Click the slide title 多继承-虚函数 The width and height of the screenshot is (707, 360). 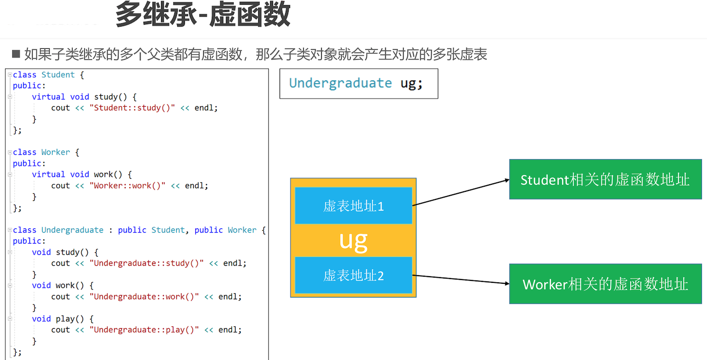(203, 15)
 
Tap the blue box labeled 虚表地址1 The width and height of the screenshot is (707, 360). (353, 206)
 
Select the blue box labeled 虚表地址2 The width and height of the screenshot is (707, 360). (353, 275)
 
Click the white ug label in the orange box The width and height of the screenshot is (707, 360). (353, 241)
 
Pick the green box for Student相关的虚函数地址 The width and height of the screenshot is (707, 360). (605, 180)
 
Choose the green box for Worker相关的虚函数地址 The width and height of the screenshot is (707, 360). (605, 284)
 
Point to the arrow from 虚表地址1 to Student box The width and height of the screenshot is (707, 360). (461, 193)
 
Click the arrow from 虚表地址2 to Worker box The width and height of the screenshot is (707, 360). (461, 279)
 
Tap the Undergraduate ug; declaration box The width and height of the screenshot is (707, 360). (359, 83)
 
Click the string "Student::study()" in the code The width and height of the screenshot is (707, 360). (132, 108)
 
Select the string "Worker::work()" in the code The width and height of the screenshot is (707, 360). (127, 185)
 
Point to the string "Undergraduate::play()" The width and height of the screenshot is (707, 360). (144, 330)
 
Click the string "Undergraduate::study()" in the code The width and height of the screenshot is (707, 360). (146, 263)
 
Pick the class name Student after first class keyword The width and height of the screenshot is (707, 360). (58, 75)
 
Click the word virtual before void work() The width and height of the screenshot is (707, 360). (48, 174)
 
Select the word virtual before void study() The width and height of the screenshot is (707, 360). (48, 97)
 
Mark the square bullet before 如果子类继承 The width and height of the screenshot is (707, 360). (16, 54)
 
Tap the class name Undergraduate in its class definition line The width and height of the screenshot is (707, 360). (72, 230)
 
